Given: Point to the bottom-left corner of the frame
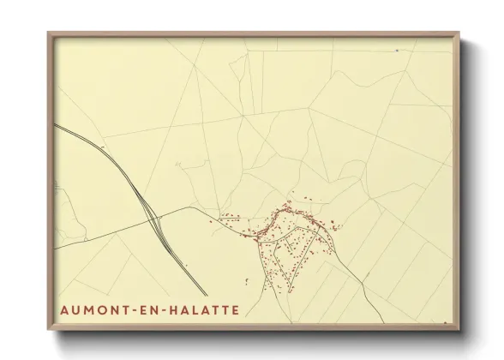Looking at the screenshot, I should (x=49, y=328).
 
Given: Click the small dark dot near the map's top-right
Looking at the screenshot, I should (x=397, y=51).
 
